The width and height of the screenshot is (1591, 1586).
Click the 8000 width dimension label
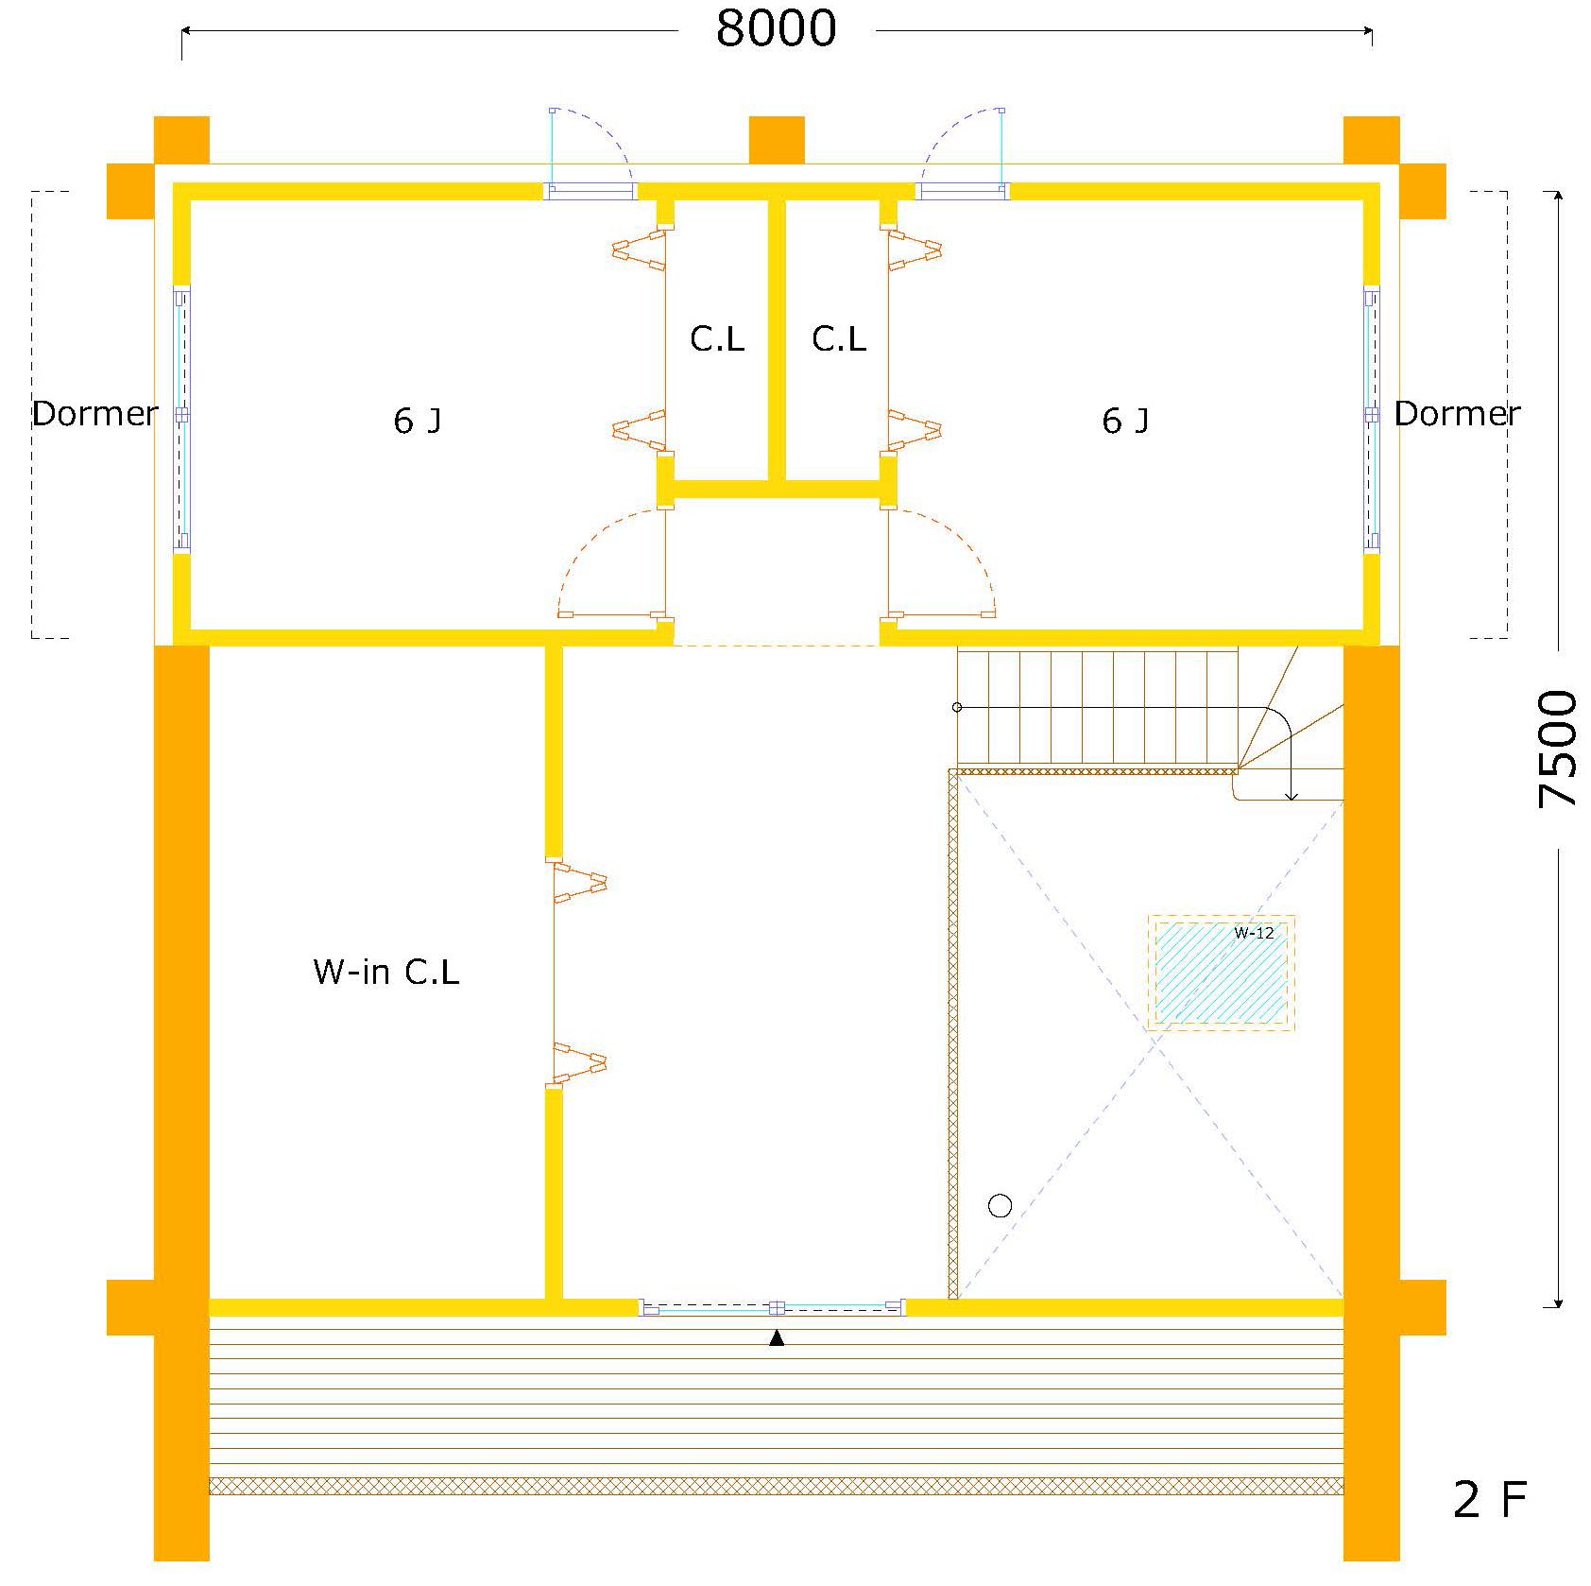[x=776, y=28]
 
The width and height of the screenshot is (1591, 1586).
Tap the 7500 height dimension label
[x=1557, y=748]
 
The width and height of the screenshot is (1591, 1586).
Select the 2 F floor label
[x=1489, y=1500]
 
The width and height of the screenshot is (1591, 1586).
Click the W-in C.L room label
[x=385, y=972]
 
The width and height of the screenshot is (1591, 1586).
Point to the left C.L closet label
[x=717, y=338]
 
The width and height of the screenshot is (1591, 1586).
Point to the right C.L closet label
[x=839, y=338]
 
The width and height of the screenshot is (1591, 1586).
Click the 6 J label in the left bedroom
[x=417, y=421]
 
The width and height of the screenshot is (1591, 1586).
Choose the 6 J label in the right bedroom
[x=1125, y=421]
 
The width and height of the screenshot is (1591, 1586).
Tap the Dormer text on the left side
[x=94, y=413]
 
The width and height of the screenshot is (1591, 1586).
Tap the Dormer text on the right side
[x=1457, y=413]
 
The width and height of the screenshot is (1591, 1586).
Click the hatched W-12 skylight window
[x=1221, y=973]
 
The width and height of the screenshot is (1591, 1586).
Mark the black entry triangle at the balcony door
[x=777, y=1337]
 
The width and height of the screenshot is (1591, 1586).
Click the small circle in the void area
[x=1000, y=1206]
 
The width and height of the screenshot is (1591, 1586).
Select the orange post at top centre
[x=777, y=140]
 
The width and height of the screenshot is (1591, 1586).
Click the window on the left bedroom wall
[x=181, y=418]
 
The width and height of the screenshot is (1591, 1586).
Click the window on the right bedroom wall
[x=1371, y=418]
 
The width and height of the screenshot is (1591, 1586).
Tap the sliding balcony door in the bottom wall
[x=773, y=1308]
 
